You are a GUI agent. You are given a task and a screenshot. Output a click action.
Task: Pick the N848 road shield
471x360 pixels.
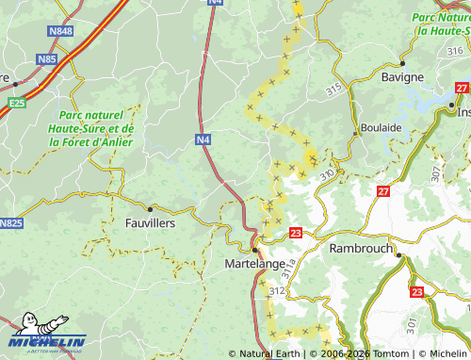coord(59,31)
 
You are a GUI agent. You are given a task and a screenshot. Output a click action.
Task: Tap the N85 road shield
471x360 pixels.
coord(46,59)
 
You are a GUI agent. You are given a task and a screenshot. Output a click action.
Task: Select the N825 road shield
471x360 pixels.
coord(10,223)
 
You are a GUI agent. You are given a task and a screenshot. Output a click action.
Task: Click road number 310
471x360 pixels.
coord(327,175)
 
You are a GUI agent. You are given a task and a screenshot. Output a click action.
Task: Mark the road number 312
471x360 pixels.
coord(275,293)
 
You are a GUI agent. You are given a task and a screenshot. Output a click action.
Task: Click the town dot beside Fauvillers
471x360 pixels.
coord(150,208)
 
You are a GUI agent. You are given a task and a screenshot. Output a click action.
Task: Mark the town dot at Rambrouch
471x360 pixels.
coord(399,254)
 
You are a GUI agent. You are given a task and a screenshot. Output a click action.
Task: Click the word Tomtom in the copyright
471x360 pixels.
coord(377,353)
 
